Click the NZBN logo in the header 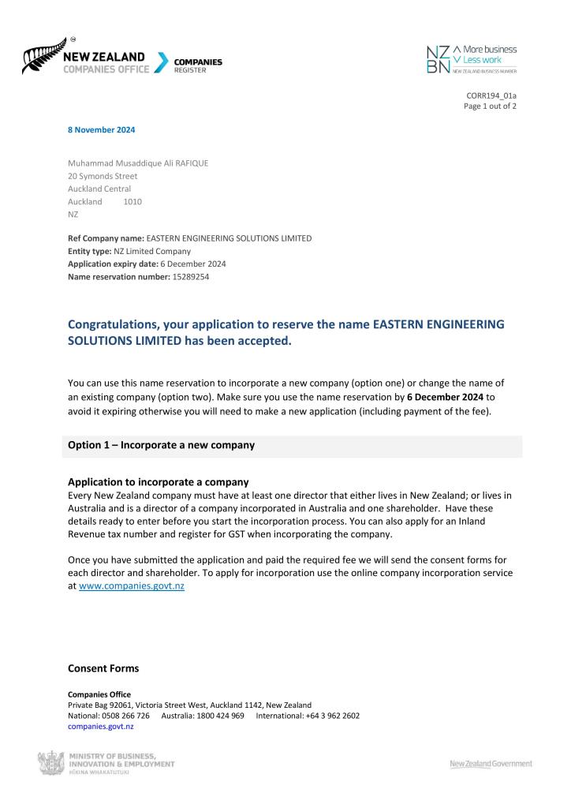click(471, 58)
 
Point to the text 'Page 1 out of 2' click(490, 107)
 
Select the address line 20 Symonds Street click(103, 176)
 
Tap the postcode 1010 click(132, 201)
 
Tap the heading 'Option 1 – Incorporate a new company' click(161, 445)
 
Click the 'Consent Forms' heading click(103, 668)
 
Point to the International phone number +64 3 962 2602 click(331, 716)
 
